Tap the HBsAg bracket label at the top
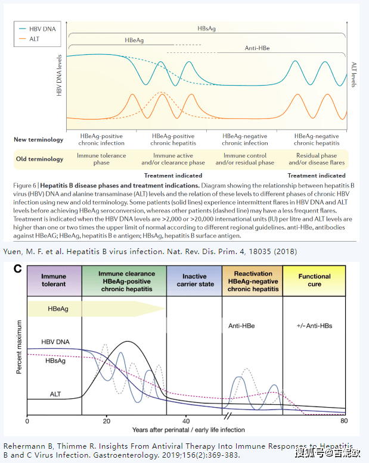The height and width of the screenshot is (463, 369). pos(207,28)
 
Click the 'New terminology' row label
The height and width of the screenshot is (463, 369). pos(38,140)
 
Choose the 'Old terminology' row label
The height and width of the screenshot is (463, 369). pos(39,159)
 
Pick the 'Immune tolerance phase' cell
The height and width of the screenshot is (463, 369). pos(101,159)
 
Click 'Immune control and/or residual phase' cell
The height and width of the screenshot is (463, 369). pos(244,159)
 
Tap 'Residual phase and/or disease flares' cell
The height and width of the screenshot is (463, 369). pos(317,159)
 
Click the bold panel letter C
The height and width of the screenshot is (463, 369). pos(18,270)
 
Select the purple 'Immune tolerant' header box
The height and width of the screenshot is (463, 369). pos(54,281)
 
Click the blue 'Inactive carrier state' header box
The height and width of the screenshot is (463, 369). pos(194,281)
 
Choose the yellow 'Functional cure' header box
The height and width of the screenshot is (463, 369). pos(314,281)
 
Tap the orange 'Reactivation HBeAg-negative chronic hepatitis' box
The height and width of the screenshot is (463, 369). pos(253,281)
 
